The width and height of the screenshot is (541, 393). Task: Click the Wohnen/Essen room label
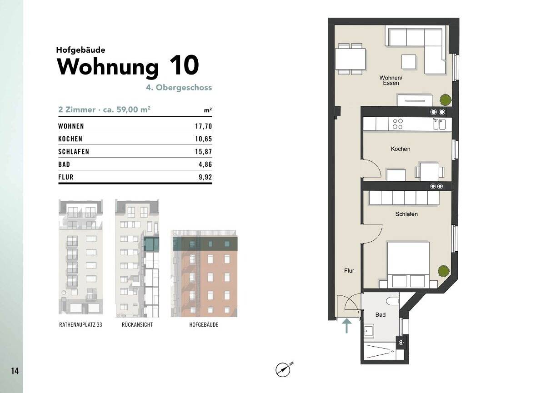[391, 80]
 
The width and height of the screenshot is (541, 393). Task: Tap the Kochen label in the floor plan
[400, 149]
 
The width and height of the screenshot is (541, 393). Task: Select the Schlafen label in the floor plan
[406, 214]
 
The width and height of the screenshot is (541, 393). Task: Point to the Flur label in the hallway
[349, 271]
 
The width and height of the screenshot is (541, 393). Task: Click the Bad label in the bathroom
[381, 315]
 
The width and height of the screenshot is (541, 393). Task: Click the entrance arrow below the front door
[346, 325]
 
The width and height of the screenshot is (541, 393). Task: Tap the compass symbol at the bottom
[283, 370]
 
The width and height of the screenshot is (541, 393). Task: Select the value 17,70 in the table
[204, 126]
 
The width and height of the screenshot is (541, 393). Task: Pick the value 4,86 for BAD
[205, 164]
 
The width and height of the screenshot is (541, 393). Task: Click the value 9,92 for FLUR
[205, 177]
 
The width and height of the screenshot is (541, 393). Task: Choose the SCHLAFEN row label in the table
[74, 152]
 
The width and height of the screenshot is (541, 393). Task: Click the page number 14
[15, 371]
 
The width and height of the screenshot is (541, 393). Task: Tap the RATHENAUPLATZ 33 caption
[80, 325]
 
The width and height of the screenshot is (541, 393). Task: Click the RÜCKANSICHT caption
[137, 325]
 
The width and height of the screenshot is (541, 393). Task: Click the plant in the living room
[445, 99]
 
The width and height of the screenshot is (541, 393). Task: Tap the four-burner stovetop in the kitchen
[397, 124]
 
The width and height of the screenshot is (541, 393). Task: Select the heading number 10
[184, 65]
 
